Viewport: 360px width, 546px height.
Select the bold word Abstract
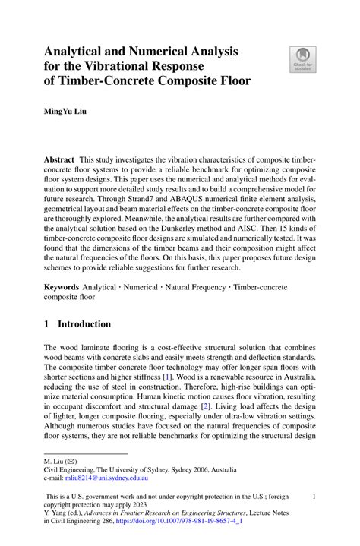58,161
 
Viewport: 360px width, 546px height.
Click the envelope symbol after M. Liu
70,461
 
